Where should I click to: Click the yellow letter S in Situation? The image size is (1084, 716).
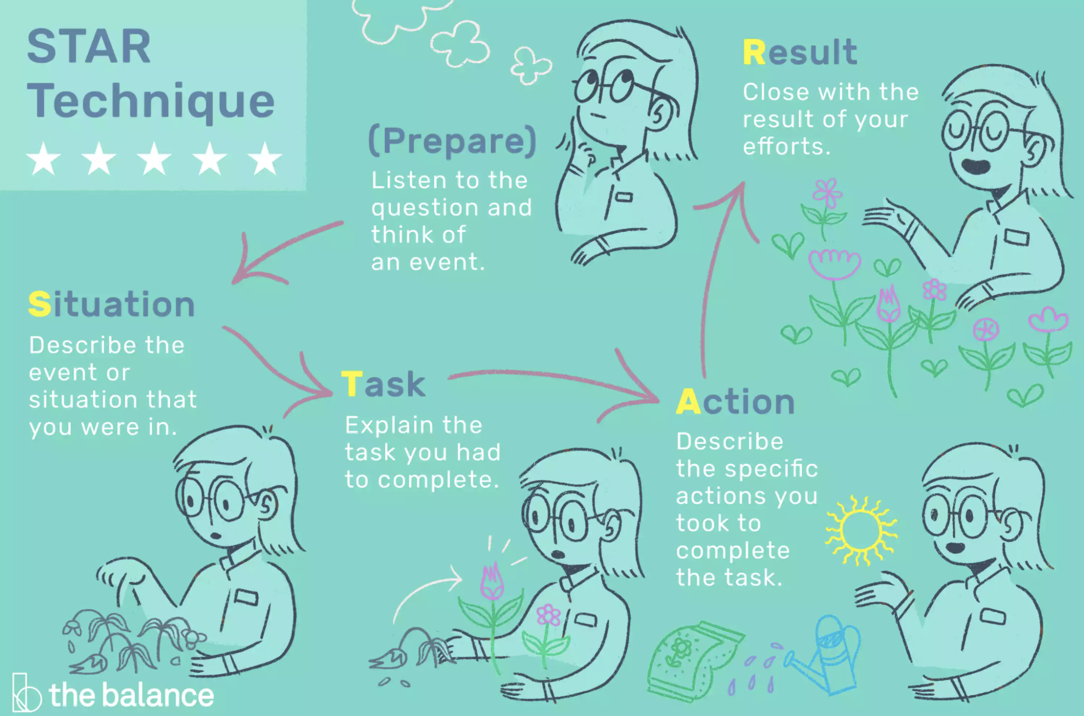(39, 305)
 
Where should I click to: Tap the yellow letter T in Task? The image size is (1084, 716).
(352, 384)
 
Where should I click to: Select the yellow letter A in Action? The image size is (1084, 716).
(688, 402)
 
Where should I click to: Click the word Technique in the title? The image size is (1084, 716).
(151, 101)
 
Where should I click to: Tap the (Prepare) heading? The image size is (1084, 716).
(452, 141)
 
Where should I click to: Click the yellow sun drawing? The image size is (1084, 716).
(861, 530)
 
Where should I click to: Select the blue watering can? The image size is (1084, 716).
(830, 653)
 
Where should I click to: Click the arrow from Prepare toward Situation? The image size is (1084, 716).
(282, 248)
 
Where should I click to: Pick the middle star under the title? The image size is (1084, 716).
(154, 158)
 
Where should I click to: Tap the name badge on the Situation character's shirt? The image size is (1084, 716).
(246, 597)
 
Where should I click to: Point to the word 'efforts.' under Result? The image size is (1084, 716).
(787, 147)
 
